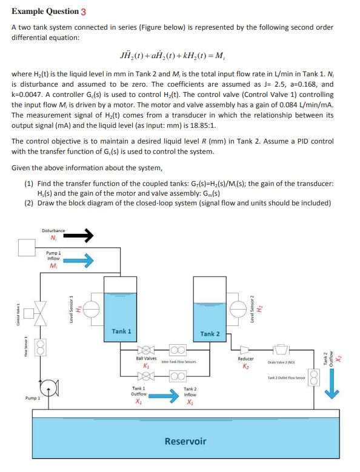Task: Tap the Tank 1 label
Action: tap(121, 331)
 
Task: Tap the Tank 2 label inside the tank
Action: tap(210, 334)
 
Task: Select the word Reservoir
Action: tap(185, 440)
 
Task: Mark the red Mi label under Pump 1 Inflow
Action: tap(53, 267)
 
